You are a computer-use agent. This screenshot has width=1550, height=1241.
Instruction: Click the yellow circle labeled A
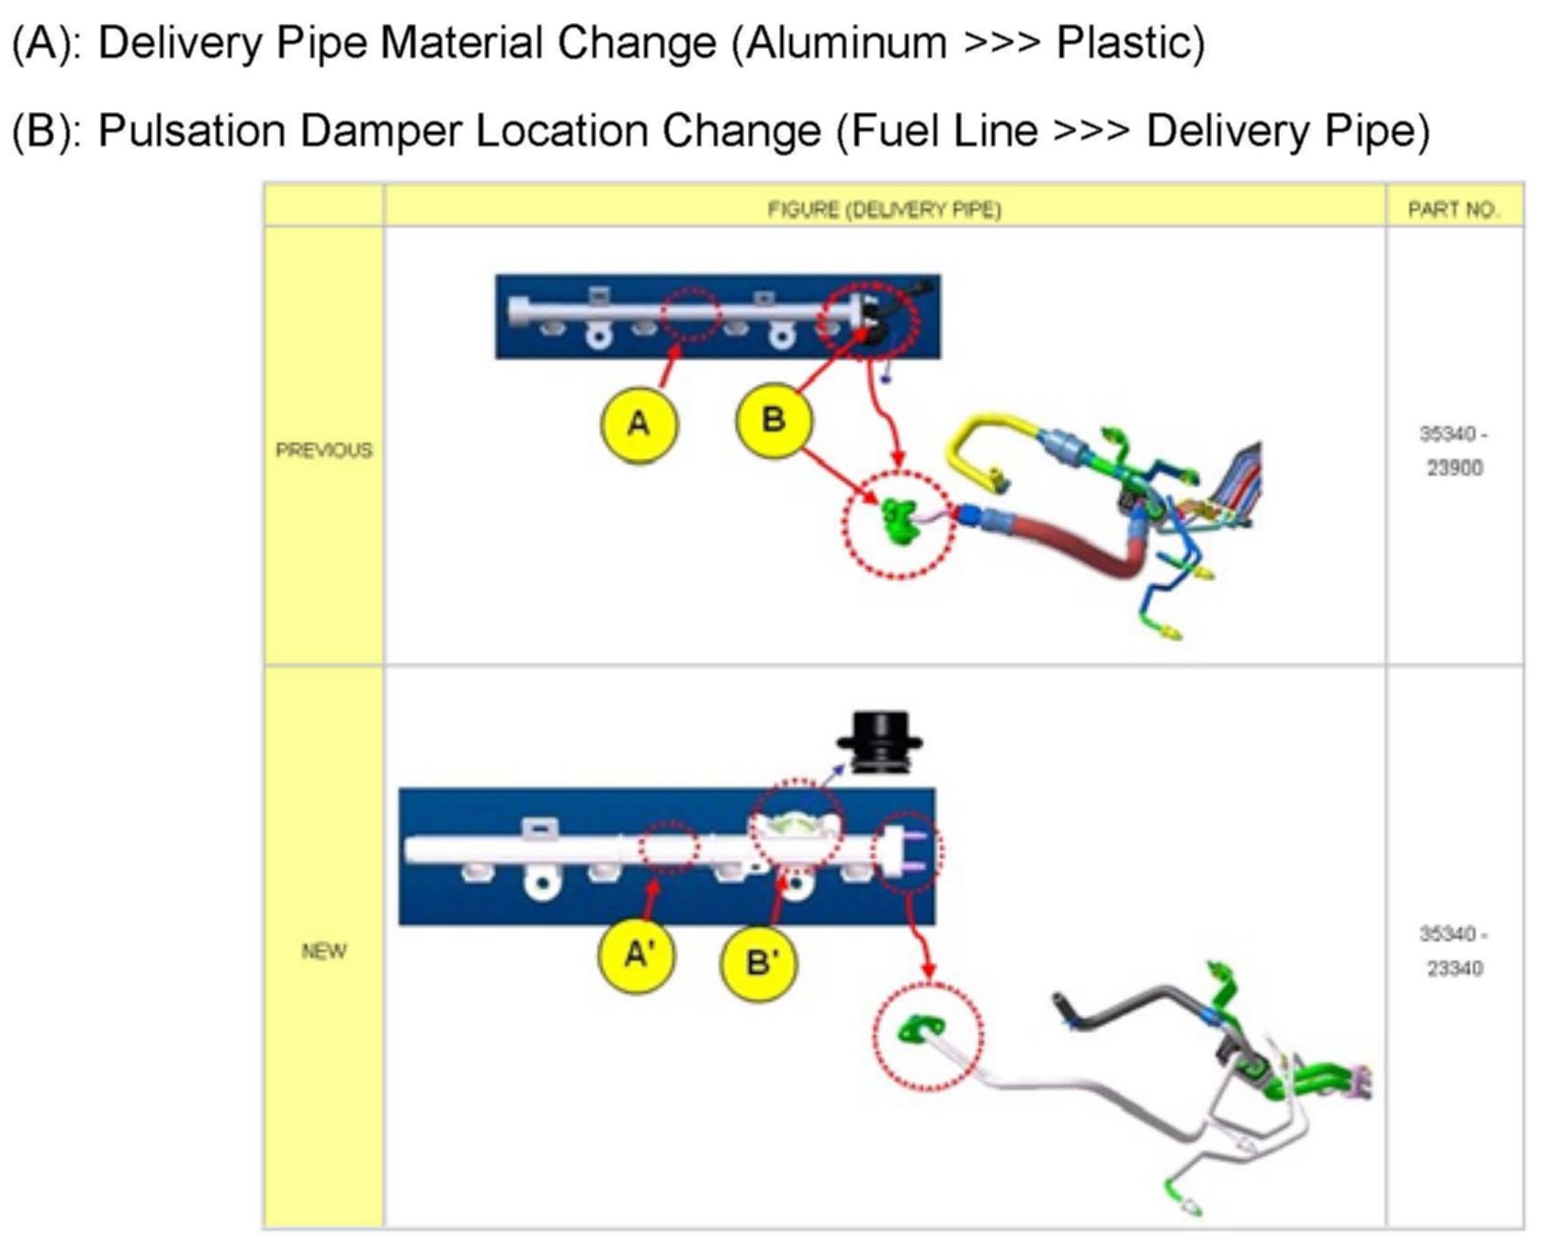click(x=639, y=423)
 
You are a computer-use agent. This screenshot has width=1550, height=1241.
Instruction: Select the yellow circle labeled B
click(x=774, y=420)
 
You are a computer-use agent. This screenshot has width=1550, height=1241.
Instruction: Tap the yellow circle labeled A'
click(x=637, y=955)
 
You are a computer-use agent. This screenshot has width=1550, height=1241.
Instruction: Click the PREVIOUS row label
click(x=323, y=450)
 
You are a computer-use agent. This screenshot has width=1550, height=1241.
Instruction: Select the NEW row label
click(x=323, y=951)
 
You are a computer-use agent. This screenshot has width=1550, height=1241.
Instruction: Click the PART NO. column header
click(x=1454, y=209)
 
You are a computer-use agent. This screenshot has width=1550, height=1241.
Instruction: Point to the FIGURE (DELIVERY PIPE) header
click(x=884, y=209)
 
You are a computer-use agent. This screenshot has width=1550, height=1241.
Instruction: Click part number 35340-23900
click(x=1454, y=450)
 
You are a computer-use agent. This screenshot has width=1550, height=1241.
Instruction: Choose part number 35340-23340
click(x=1454, y=951)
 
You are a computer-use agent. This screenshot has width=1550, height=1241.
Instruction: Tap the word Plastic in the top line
click(x=1129, y=43)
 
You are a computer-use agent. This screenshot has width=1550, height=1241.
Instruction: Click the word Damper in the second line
click(x=381, y=130)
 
